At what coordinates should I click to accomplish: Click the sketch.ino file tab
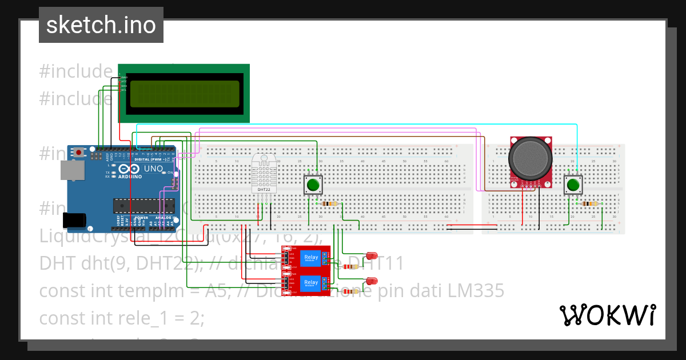(x=101, y=25)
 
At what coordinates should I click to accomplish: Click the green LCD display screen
(x=184, y=94)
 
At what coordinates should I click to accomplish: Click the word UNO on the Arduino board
(x=153, y=169)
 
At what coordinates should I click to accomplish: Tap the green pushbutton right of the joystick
(x=573, y=185)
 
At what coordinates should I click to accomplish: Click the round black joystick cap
(x=531, y=157)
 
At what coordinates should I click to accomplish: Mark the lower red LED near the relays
(x=372, y=281)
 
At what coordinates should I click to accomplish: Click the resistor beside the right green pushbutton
(x=589, y=203)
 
